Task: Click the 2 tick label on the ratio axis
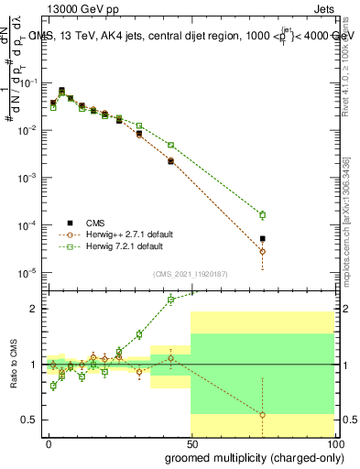pyautogui.click(x=35, y=309)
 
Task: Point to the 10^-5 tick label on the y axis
pyautogui.click(x=27, y=272)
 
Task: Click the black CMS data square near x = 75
pyautogui.click(x=263, y=239)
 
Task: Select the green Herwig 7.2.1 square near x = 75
pyautogui.click(x=263, y=215)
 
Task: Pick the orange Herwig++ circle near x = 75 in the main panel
pyautogui.click(x=263, y=251)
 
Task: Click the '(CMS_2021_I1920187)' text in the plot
pyautogui.click(x=191, y=272)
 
